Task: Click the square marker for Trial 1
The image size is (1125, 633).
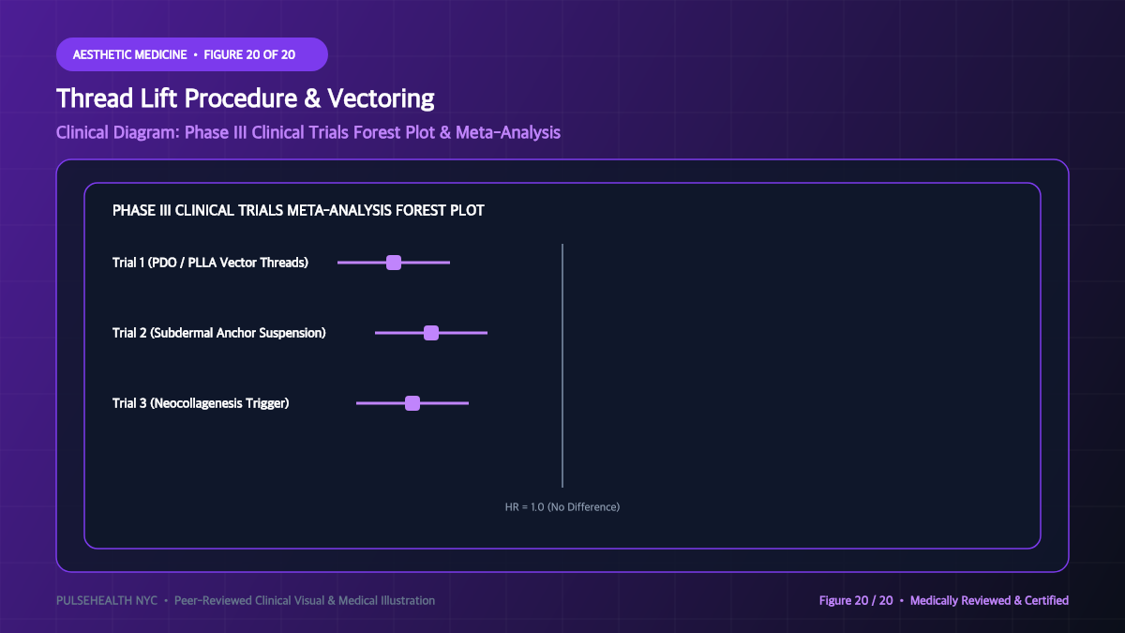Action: click(x=394, y=263)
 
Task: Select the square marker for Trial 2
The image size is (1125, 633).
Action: click(x=431, y=333)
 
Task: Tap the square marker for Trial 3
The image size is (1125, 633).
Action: click(x=412, y=403)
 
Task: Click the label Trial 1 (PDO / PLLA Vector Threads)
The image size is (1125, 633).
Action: click(x=210, y=263)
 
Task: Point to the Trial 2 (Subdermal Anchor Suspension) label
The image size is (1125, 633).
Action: click(x=219, y=333)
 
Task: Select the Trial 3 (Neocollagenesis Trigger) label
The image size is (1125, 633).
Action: click(x=201, y=403)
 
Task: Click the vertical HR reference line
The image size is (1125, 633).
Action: click(x=562, y=366)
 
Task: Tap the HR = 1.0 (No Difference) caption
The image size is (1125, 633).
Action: click(x=562, y=507)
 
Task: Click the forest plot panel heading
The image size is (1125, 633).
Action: click(x=298, y=210)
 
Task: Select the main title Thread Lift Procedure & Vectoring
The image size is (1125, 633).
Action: click(x=245, y=98)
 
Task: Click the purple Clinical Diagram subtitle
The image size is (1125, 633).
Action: click(x=307, y=132)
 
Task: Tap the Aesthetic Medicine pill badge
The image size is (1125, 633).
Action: click(x=192, y=54)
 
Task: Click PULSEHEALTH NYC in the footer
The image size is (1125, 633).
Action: click(x=107, y=600)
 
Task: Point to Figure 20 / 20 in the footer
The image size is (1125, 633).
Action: click(x=856, y=600)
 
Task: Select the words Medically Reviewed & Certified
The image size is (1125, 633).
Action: click(x=989, y=600)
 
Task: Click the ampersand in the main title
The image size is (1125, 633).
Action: click(x=312, y=98)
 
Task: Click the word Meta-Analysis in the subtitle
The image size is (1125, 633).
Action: click(x=508, y=132)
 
